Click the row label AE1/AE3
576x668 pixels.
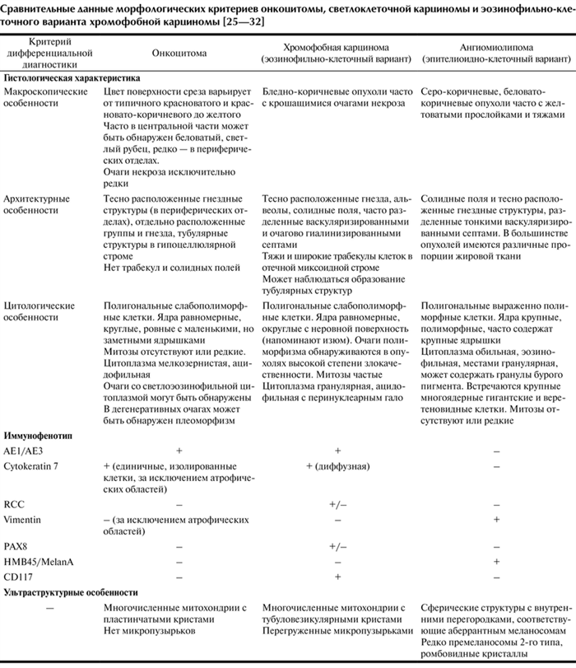tap(25, 451)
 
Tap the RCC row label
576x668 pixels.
tap(16, 501)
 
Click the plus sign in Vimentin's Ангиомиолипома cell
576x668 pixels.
tap(495, 517)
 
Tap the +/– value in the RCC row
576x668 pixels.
tap(337, 501)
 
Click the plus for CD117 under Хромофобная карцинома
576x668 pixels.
tap(337, 577)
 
